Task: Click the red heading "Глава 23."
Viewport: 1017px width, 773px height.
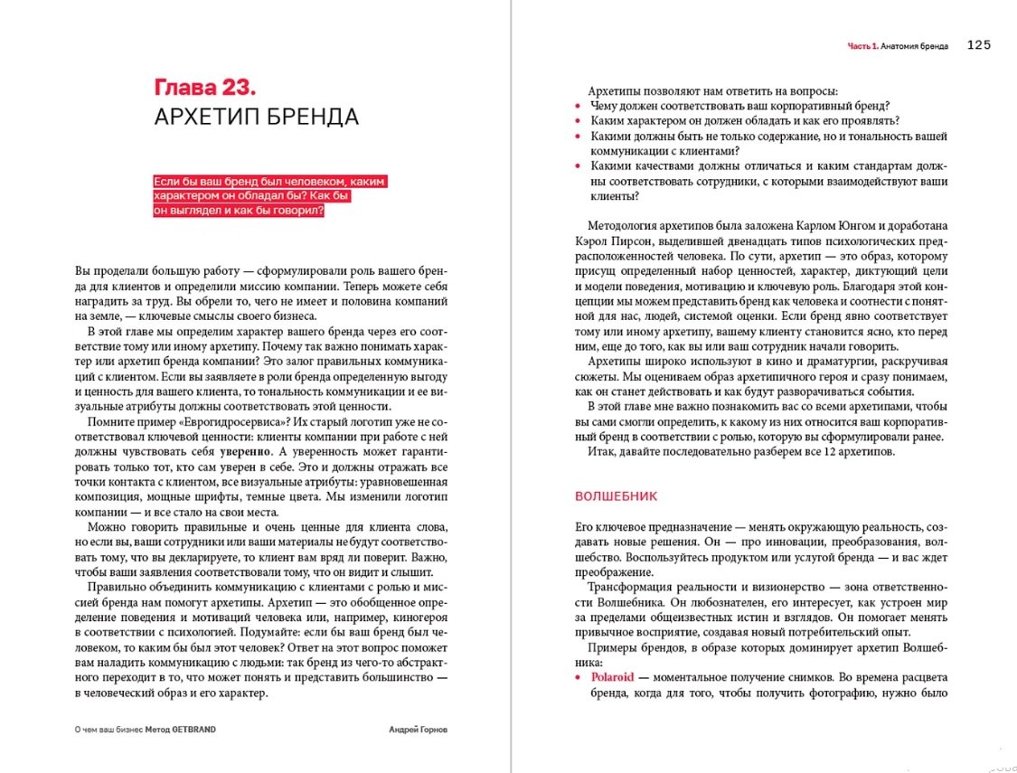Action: click(x=205, y=88)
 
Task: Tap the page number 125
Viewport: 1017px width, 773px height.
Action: click(x=979, y=45)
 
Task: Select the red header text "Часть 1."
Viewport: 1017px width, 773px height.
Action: click(x=862, y=46)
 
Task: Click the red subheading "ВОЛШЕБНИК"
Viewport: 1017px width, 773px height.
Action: click(x=616, y=496)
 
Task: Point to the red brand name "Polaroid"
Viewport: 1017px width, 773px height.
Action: click(x=613, y=676)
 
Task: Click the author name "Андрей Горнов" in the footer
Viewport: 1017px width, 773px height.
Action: click(x=417, y=730)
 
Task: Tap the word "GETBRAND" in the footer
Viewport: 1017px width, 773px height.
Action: click(x=195, y=730)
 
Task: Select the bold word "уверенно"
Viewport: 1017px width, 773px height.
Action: click(x=247, y=451)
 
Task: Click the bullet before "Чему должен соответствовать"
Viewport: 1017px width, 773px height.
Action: click(x=579, y=107)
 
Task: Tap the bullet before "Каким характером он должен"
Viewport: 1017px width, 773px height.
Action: click(x=579, y=121)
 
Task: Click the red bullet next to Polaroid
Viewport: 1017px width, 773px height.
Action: click(x=579, y=677)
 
